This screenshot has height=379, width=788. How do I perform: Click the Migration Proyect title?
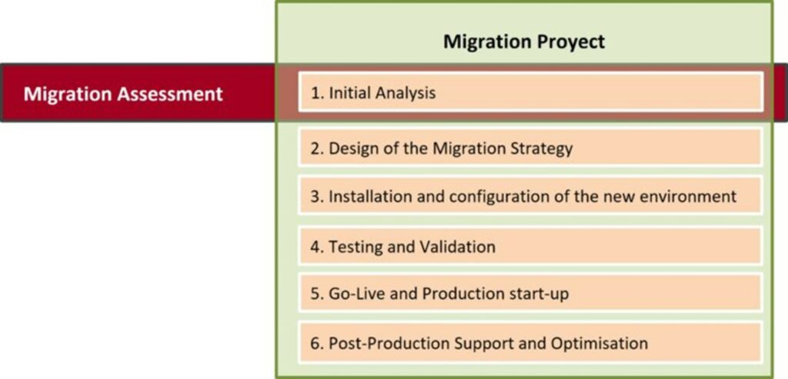(x=523, y=42)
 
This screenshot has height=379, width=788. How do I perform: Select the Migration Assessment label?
(x=123, y=94)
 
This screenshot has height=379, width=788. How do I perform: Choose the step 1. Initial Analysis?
(x=373, y=93)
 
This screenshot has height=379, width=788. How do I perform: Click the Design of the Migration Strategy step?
(x=441, y=148)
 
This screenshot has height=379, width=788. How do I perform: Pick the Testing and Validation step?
(x=402, y=247)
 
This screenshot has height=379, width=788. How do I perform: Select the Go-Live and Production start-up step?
(x=439, y=293)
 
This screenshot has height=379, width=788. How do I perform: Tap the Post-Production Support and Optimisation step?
(x=479, y=344)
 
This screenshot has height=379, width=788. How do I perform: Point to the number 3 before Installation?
(x=315, y=196)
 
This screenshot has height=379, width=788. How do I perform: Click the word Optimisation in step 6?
(x=599, y=344)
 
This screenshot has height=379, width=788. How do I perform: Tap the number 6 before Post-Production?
(x=315, y=344)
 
